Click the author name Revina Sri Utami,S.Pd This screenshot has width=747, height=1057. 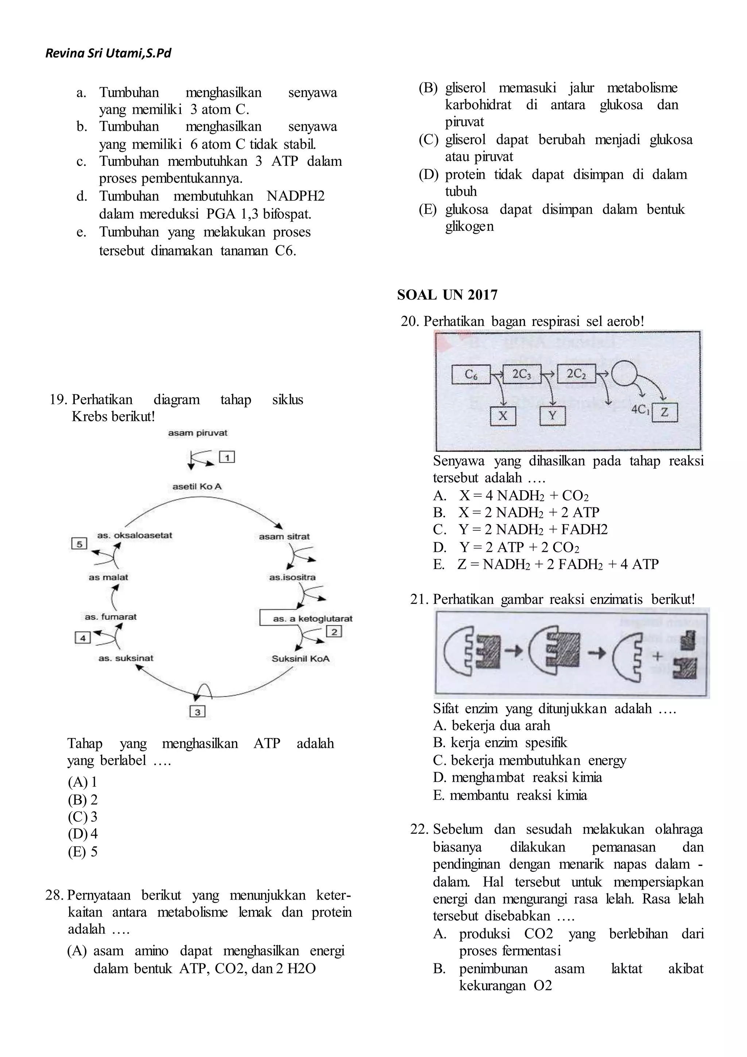click(108, 54)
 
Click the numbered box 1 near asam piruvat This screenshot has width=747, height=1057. click(227, 457)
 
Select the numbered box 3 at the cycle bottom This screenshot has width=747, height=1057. click(197, 712)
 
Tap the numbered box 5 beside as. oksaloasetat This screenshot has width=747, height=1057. click(79, 544)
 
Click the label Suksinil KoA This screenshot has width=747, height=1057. click(301, 658)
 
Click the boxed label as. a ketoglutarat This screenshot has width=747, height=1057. click(306, 618)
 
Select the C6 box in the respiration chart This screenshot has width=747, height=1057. click(471, 375)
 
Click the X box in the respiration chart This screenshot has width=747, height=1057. click(503, 416)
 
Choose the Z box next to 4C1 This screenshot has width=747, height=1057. click(664, 412)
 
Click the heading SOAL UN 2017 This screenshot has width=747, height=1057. click(447, 295)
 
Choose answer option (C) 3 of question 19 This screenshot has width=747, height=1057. click(83, 817)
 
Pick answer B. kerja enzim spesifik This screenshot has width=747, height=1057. click(500, 742)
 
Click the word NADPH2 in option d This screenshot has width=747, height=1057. click(295, 196)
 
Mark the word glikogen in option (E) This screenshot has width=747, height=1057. click(469, 226)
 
